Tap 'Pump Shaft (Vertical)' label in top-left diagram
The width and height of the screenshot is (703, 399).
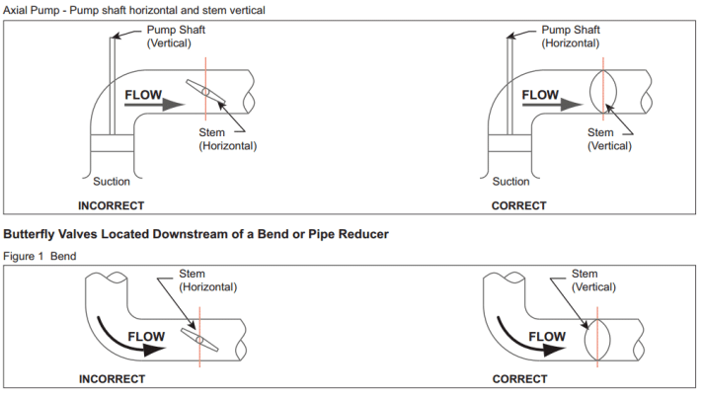176,37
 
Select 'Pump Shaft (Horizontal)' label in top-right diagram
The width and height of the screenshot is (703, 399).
572,37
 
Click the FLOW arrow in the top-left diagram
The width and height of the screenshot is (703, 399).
159,102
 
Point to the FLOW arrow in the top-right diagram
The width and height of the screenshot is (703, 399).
554,102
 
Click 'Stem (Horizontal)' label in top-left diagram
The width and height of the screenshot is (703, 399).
227,139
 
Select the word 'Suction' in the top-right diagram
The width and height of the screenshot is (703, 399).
510,182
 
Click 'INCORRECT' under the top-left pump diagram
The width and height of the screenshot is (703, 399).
112,205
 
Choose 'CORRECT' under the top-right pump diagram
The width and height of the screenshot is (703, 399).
518,205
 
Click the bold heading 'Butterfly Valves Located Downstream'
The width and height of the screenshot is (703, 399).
196,235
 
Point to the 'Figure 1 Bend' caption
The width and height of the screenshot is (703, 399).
40,257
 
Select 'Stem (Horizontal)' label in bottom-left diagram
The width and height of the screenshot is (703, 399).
207,280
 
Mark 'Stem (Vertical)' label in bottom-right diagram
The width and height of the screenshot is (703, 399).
586,280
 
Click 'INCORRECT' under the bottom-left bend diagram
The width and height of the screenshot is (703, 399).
112,379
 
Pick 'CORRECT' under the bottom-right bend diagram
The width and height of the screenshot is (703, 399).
518,379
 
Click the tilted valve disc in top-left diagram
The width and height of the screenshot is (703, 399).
206,92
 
